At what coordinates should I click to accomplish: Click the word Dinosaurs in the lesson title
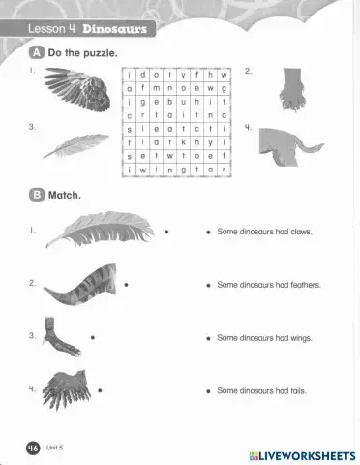[114, 28]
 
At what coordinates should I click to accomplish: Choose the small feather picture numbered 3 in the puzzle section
[76, 146]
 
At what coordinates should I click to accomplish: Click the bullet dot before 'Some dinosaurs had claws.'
[208, 232]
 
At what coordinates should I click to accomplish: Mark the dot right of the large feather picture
[166, 232]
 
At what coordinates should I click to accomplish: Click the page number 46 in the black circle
[32, 448]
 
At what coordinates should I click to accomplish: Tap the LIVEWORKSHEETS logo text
[308, 454]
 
